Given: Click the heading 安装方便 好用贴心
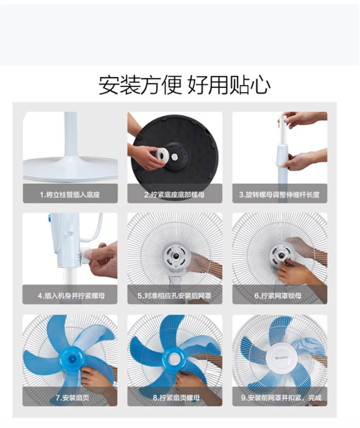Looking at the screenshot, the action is [184, 85].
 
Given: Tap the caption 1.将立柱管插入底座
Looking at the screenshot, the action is [70, 195].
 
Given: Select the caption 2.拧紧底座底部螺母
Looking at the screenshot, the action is [174, 195].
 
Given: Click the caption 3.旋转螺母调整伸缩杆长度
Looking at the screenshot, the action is [279, 195].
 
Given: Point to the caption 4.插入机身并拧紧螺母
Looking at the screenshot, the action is [71, 296].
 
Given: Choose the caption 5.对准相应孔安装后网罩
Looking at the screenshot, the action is [174, 296].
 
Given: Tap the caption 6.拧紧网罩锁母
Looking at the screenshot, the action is [278, 296].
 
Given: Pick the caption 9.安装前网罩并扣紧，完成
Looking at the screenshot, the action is [281, 398].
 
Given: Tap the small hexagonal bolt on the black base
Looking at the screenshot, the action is [174, 157].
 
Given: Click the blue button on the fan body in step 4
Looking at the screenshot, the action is [50, 218].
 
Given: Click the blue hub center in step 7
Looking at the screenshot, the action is [72, 357].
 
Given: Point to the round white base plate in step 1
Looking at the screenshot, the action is [70, 170].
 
